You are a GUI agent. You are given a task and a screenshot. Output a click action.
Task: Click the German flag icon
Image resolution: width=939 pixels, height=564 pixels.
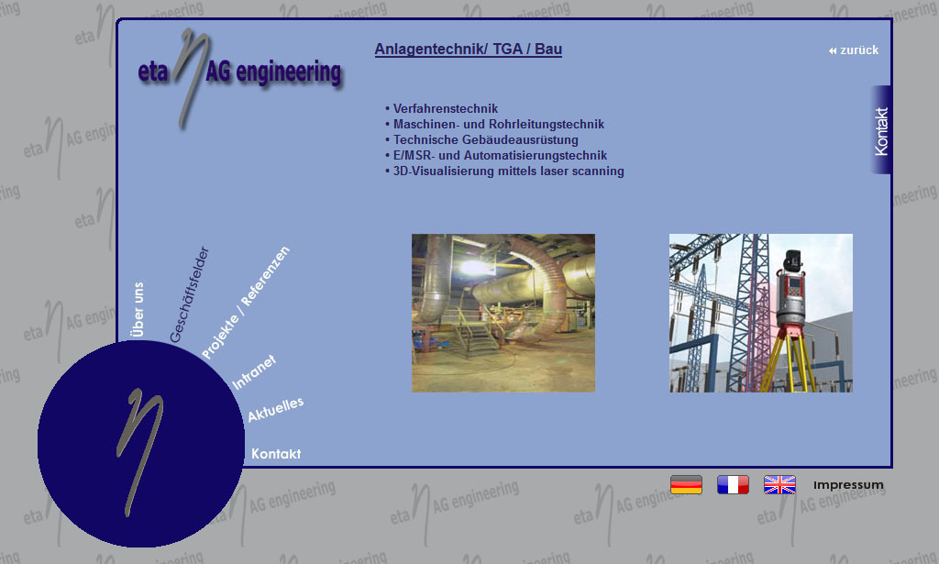point(686,484)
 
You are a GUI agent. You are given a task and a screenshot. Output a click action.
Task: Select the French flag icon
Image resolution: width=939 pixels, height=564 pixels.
point(733,484)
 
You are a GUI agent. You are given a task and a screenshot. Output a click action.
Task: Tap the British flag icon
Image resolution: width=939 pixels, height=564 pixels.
point(779,484)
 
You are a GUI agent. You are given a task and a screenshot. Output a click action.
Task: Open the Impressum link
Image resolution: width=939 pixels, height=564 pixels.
point(848,485)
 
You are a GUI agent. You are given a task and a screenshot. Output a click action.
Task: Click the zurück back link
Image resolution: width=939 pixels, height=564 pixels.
point(854,50)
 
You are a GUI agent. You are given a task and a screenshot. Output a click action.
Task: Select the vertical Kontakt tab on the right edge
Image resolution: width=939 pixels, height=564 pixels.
point(881,130)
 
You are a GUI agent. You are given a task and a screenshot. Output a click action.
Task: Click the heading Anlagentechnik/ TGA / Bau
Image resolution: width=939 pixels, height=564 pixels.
point(469,50)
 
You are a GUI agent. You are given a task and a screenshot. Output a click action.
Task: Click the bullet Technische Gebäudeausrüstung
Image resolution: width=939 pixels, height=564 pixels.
point(481,139)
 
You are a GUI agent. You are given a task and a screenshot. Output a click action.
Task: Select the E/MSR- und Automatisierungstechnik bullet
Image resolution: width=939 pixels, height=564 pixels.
point(496,155)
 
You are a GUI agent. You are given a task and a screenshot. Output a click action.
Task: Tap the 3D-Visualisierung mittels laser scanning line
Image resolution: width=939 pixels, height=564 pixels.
point(504,171)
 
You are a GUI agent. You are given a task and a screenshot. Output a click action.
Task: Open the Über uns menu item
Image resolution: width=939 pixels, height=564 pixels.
point(138,310)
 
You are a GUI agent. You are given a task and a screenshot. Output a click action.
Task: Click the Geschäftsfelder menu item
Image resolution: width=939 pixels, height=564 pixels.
point(189,294)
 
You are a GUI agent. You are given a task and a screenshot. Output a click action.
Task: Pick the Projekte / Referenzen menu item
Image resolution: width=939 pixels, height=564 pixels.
point(246,303)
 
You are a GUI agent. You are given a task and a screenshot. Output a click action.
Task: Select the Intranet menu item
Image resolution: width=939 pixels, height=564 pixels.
point(253,372)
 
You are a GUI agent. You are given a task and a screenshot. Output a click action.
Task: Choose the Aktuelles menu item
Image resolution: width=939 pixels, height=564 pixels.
point(275,409)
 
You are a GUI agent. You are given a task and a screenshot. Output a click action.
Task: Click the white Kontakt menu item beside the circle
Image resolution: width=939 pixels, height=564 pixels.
point(276,454)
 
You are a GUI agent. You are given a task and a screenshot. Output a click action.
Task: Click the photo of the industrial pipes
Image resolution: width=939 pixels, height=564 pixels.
point(503,313)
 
